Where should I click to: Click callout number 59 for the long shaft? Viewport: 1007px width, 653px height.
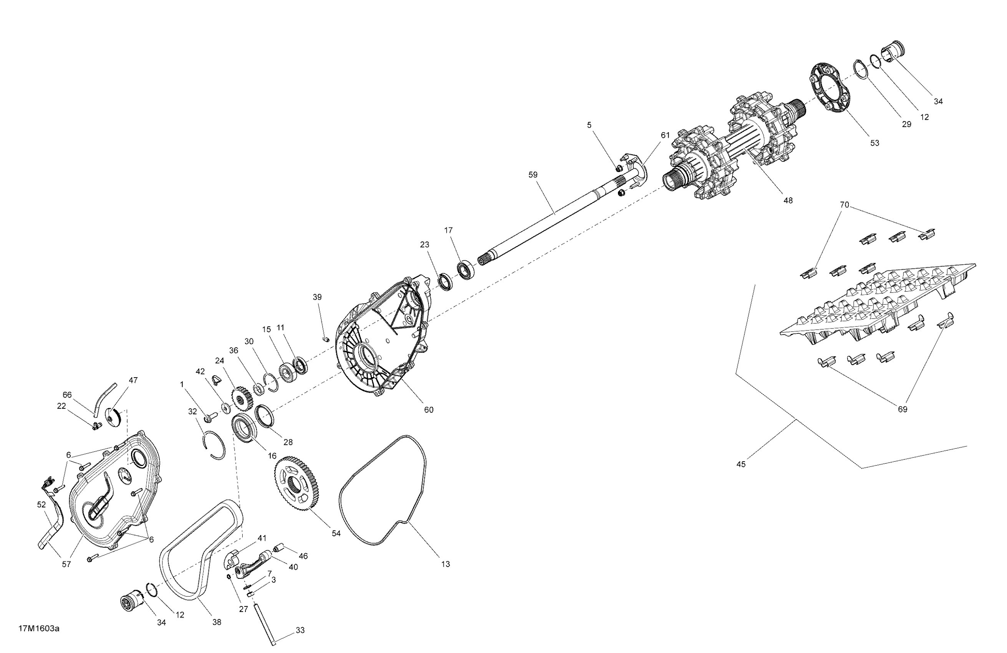point(533,174)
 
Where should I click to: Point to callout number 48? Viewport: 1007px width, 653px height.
point(788,200)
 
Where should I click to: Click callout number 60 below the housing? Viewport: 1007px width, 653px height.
point(429,409)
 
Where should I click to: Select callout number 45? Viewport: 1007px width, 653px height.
point(741,464)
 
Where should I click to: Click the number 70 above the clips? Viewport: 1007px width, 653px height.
point(844,205)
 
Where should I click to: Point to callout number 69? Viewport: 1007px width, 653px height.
point(903,409)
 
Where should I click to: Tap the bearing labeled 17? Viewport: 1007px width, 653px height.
point(466,269)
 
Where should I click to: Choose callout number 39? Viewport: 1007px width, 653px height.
point(317,297)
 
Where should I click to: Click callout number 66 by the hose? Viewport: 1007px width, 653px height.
point(67,395)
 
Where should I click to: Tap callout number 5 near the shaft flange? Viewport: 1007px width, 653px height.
point(590,125)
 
